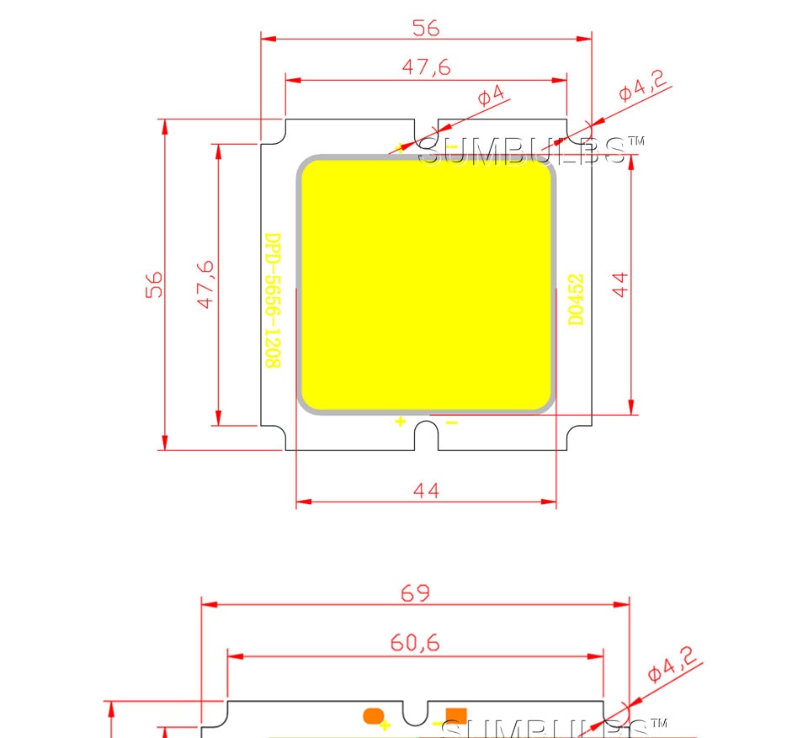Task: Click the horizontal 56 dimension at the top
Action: coord(425,28)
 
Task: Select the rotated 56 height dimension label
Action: coord(154,284)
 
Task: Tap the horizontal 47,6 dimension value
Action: coord(425,68)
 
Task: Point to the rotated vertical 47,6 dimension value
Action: coord(206,284)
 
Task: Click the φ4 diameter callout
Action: coord(492,95)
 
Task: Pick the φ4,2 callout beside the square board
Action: coord(642,86)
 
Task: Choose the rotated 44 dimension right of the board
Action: coord(620,284)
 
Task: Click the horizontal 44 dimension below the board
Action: coord(426,490)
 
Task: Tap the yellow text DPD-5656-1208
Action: coord(273,300)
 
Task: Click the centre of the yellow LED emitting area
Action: coord(426,284)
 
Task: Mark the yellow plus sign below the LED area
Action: coord(401,422)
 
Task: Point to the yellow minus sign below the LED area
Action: coord(451,422)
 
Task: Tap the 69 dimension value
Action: coord(415,592)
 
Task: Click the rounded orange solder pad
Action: coord(372,716)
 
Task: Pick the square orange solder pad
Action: coord(456,716)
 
